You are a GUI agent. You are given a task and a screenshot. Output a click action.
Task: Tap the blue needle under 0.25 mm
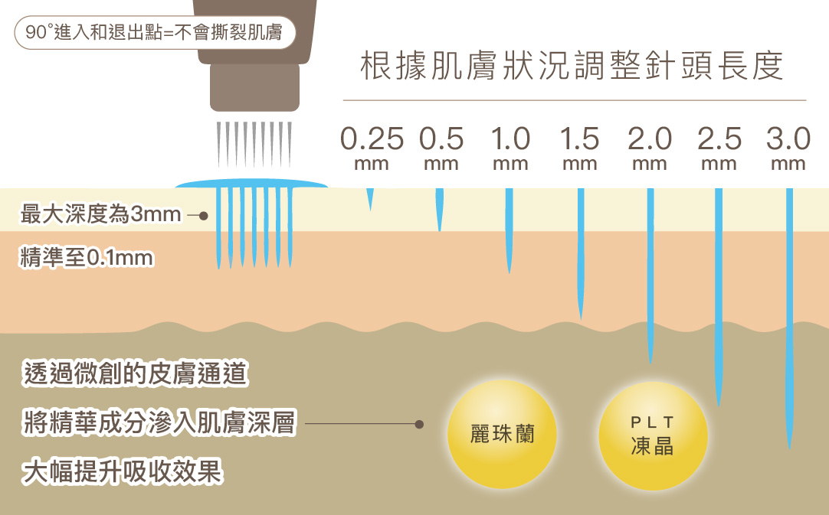(x=370, y=197)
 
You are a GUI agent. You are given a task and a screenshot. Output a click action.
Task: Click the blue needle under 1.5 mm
(x=581, y=253)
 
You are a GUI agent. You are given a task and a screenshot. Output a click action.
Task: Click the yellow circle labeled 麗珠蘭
(x=502, y=435)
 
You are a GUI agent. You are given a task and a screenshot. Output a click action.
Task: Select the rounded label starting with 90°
(x=154, y=33)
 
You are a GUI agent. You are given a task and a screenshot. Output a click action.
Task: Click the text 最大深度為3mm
(x=100, y=215)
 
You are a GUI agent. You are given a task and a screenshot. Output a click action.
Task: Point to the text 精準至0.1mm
(x=87, y=258)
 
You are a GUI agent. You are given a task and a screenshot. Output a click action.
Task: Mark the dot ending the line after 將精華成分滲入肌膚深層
(x=419, y=423)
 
